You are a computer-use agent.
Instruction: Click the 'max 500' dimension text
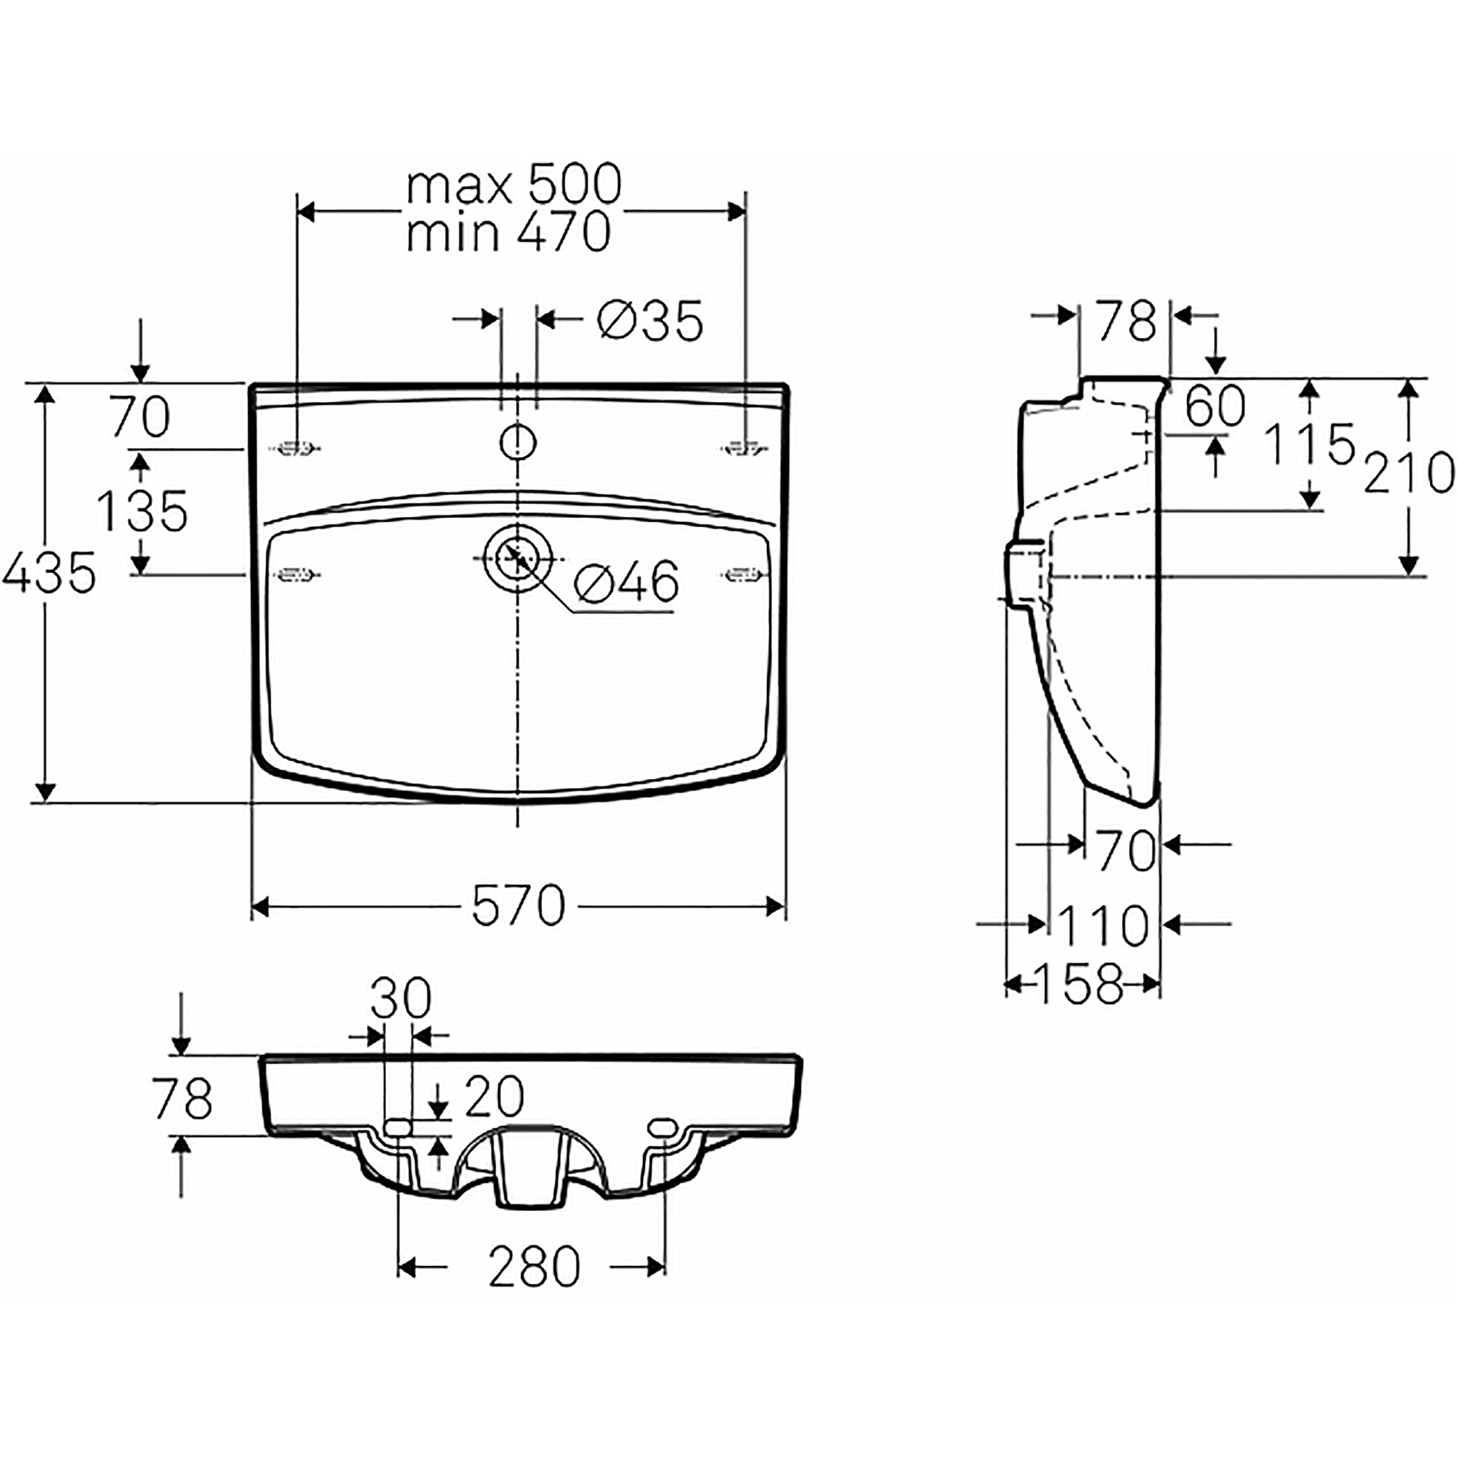pyautogui.click(x=514, y=185)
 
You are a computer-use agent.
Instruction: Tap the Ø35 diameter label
pyautogui.click(x=650, y=320)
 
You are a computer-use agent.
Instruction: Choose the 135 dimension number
pyautogui.click(x=143, y=511)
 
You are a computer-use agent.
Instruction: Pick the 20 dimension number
pyautogui.click(x=494, y=1096)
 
